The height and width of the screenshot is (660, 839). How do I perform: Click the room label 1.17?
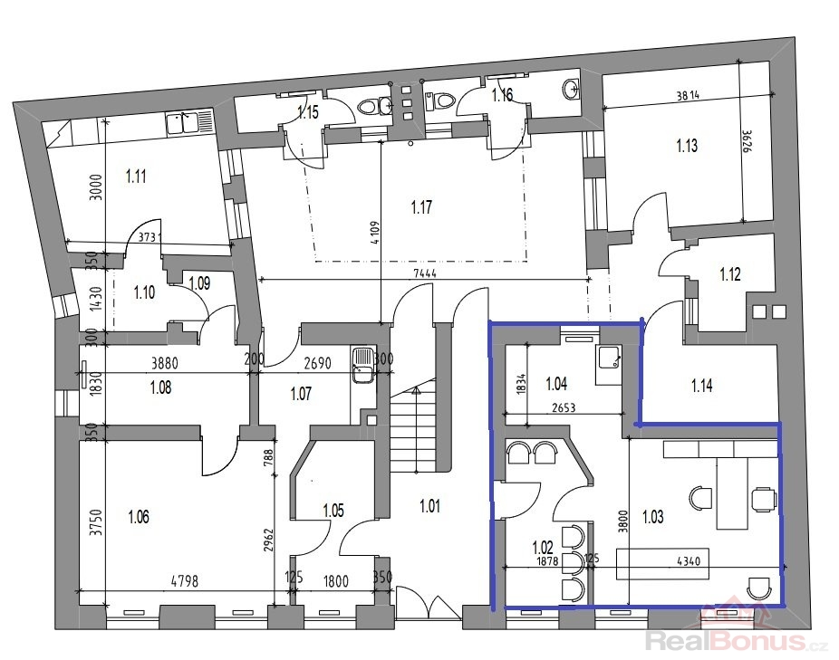pyautogui.click(x=421, y=207)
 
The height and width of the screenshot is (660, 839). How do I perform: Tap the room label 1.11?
pyautogui.click(x=136, y=176)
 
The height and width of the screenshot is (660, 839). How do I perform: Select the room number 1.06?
pyautogui.click(x=139, y=517)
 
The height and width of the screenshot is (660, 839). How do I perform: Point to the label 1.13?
pyautogui.click(x=687, y=146)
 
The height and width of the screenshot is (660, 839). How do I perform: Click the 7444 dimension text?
pyautogui.click(x=425, y=273)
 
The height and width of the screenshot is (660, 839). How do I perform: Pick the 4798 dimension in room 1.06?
pyautogui.click(x=185, y=580)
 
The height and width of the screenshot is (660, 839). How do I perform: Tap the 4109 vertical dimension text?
pyautogui.click(x=374, y=234)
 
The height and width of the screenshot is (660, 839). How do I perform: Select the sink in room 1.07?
pyautogui.click(x=364, y=365)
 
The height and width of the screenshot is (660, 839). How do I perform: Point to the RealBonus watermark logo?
pyautogui.click(x=739, y=629)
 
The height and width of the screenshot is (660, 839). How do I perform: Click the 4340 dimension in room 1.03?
pyautogui.click(x=688, y=561)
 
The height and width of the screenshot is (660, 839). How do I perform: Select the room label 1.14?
pyautogui.click(x=701, y=385)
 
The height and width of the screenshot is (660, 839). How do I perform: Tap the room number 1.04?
pyautogui.click(x=556, y=384)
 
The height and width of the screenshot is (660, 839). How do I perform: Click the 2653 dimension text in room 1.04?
pyautogui.click(x=564, y=407)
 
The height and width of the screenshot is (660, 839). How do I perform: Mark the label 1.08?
pyautogui.click(x=160, y=387)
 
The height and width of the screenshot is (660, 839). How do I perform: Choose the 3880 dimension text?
pyautogui.click(x=164, y=364)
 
